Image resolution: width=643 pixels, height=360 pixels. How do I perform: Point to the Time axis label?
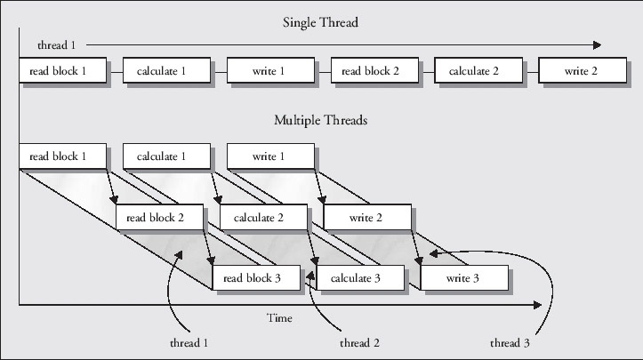pos(279,317)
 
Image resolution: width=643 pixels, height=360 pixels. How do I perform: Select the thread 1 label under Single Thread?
pos(55,44)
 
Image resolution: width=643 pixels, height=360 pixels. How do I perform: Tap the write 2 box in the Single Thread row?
pos(582,71)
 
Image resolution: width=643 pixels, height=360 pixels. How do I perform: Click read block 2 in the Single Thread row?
pos(374,71)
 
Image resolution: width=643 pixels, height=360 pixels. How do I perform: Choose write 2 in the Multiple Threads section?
pos(366,217)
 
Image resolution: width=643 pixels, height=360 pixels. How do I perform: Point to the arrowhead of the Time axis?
pos(539,305)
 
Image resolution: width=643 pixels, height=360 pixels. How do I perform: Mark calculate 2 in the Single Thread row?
pos(478,71)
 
